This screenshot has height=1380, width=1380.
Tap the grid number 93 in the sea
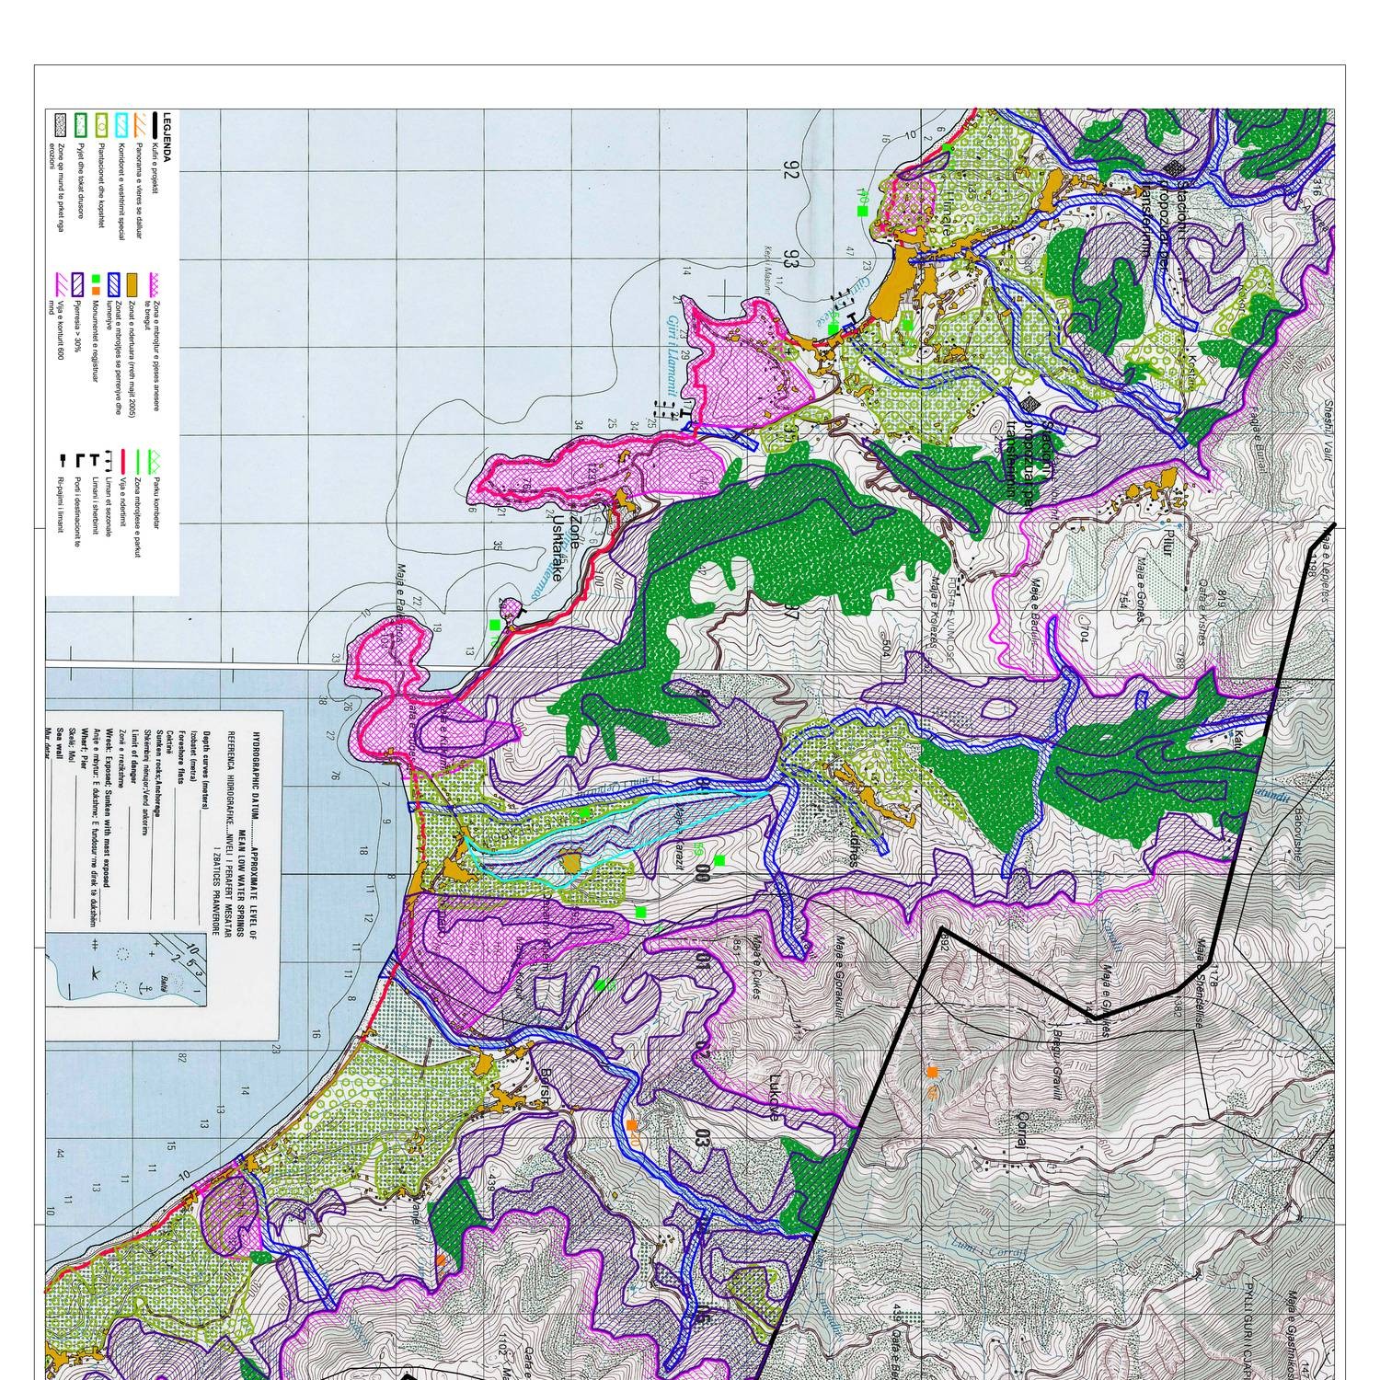click(789, 260)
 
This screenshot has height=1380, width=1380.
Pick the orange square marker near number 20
click(631, 1124)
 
